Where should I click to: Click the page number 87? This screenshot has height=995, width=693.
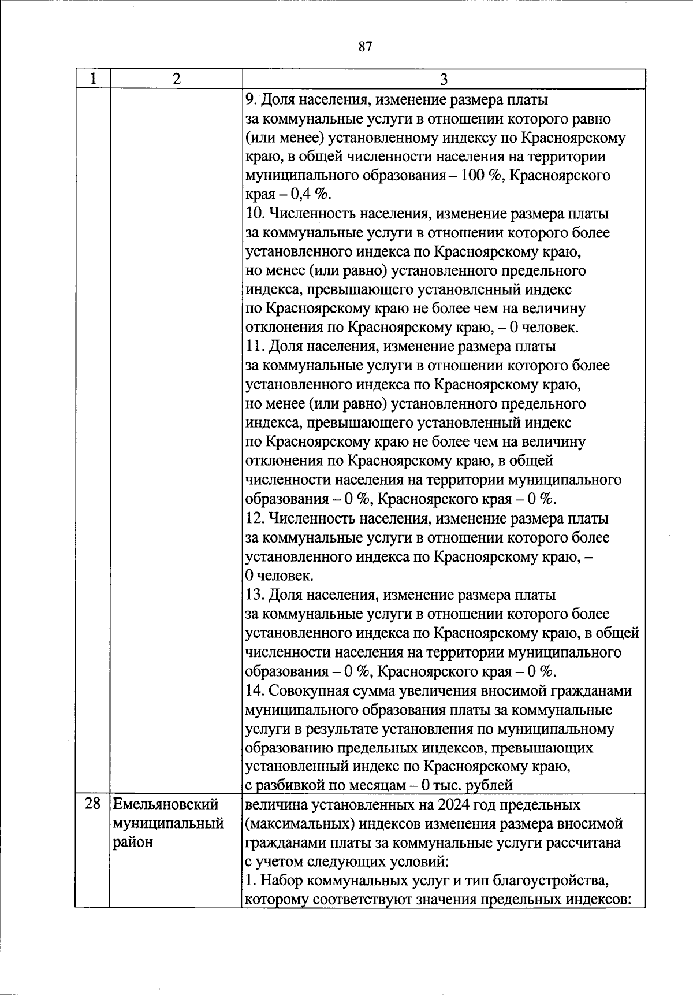[x=365, y=47]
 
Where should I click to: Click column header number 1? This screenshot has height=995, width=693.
[x=93, y=79]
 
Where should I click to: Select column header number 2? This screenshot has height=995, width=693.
[x=176, y=79]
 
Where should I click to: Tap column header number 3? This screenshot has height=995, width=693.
[x=444, y=79]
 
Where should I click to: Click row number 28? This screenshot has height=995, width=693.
[x=93, y=804]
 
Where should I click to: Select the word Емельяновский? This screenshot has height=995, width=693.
[x=166, y=804]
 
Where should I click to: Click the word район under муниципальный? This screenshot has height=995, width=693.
[x=133, y=842]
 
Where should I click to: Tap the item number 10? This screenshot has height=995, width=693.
[x=255, y=214]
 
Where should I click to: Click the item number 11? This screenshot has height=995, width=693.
[x=255, y=347]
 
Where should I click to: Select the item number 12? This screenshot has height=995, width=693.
[x=255, y=518]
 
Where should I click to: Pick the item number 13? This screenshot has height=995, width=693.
[x=255, y=595]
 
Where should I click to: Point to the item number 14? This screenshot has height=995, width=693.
[x=255, y=690]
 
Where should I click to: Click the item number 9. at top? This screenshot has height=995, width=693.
[x=251, y=99]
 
